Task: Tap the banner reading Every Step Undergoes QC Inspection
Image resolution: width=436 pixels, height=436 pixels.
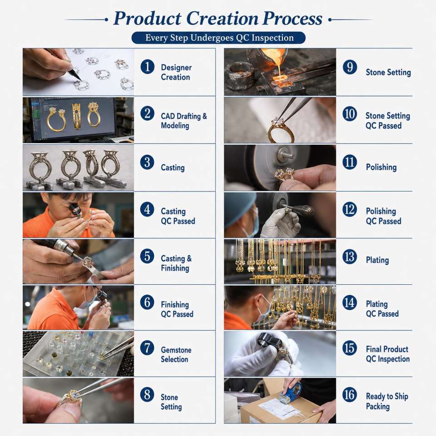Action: click(x=218, y=38)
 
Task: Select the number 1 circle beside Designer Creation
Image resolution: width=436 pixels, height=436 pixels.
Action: click(x=147, y=67)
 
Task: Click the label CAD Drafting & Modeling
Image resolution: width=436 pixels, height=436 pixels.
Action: click(x=184, y=121)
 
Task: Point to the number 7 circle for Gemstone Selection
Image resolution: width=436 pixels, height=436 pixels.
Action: click(x=147, y=348)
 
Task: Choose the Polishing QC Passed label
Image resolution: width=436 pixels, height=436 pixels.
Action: click(x=383, y=216)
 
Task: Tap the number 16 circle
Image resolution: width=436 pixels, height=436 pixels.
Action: click(x=350, y=395)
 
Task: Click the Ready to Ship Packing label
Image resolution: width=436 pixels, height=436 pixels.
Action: click(x=387, y=401)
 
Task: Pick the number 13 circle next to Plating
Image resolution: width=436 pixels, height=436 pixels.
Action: click(x=350, y=257)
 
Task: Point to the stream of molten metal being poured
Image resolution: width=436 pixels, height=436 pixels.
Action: click(x=279, y=66)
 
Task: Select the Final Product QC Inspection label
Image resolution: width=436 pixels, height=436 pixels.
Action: click(x=387, y=354)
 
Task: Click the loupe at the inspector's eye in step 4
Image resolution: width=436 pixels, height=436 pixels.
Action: click(x=75, y=210)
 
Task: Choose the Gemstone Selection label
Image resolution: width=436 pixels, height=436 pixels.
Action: click(x=176, y=355)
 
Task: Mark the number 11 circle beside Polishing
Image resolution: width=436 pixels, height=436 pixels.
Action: click(x=350, y=162)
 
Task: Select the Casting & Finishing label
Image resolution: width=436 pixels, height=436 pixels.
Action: click(x=176, y=263)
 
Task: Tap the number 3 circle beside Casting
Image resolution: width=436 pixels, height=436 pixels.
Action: click(x=147, y=162)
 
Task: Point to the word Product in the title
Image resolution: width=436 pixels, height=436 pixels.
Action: click(x=147, y=19)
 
